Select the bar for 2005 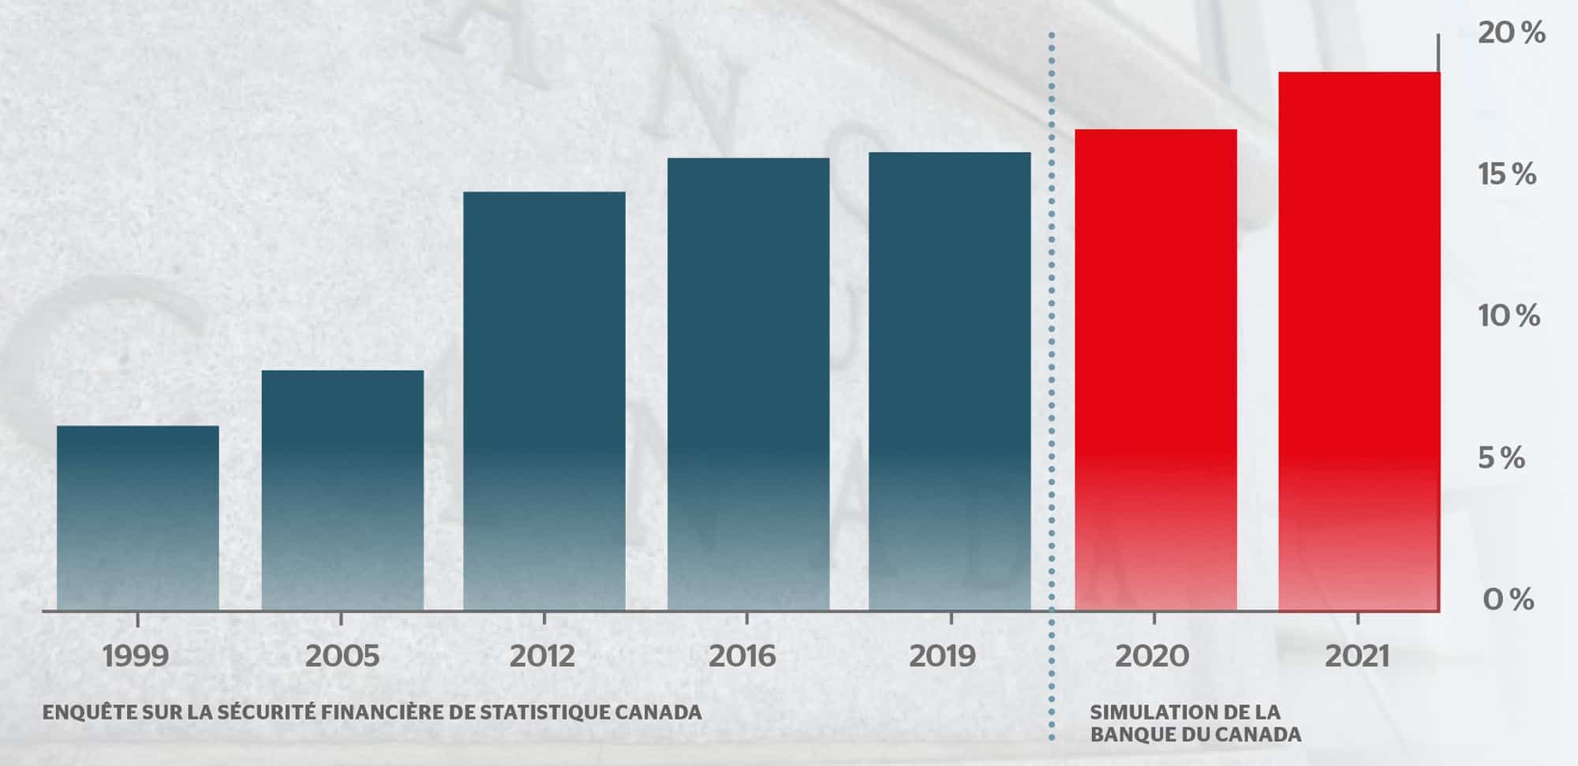click(x=342, y=490)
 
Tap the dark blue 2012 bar click(x=544, y=401)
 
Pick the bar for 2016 click(x=748, y=384)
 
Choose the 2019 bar click(x=950, y=381)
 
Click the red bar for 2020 click(x=1155, y=369)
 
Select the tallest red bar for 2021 click(x=1359, y=341)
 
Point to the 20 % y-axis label click(x=1511, y=33)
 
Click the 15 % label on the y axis click(x=1508, y=174)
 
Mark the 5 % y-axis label click(x=1501, y=458)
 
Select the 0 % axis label click(x=1508, y=600)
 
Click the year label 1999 click(x=136, y=656)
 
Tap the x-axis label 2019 click(x=942, y=656)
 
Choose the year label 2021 click(x=1356, y=656)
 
